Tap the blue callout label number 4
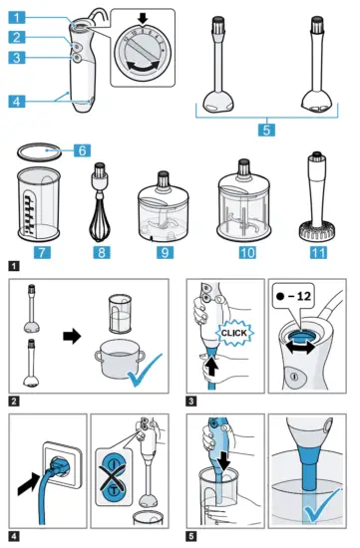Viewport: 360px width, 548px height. click(21, 101)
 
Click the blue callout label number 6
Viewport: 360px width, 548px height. click(83, 148)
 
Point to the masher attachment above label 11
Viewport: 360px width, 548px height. click(315, 199)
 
